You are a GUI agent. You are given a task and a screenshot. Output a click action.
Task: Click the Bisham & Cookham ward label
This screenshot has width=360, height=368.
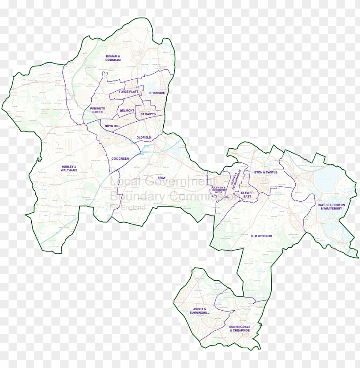point(113,58)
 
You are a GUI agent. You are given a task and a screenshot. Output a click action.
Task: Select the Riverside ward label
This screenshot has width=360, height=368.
point(157,93)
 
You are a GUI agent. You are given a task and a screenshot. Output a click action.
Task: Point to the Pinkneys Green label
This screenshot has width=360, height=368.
point(97,110)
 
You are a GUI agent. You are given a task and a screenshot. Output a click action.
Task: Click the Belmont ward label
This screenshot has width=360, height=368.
point(127,111)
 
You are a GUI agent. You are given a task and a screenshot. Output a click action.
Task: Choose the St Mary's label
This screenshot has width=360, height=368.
point(148,114)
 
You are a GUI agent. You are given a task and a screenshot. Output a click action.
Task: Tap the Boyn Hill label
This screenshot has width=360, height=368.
point(112,126)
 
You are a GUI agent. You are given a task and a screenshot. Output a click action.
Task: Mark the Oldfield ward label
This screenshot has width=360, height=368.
point(144,137)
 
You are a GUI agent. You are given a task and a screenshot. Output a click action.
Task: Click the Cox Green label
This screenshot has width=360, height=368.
point(120,159)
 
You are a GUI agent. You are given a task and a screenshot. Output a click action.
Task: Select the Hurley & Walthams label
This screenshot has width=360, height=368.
point(69,168)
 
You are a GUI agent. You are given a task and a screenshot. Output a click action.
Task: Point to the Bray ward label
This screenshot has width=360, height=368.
point(161,177)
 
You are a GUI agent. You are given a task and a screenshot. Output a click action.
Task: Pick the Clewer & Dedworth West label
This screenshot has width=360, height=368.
point(219,190)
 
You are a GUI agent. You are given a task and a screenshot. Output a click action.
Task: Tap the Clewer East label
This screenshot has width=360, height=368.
point(247,194)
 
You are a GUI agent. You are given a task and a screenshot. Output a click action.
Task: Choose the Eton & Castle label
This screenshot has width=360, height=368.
point(266,172)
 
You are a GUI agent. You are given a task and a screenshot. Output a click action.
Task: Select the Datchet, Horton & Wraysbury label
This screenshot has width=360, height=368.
point(331,206)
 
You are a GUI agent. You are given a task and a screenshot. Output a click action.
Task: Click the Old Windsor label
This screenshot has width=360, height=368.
point(261,236)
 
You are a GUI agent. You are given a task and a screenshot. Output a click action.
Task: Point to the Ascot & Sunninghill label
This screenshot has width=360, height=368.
point(200,311)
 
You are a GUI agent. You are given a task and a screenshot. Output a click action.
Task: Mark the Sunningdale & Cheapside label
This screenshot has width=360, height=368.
point(240,328)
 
